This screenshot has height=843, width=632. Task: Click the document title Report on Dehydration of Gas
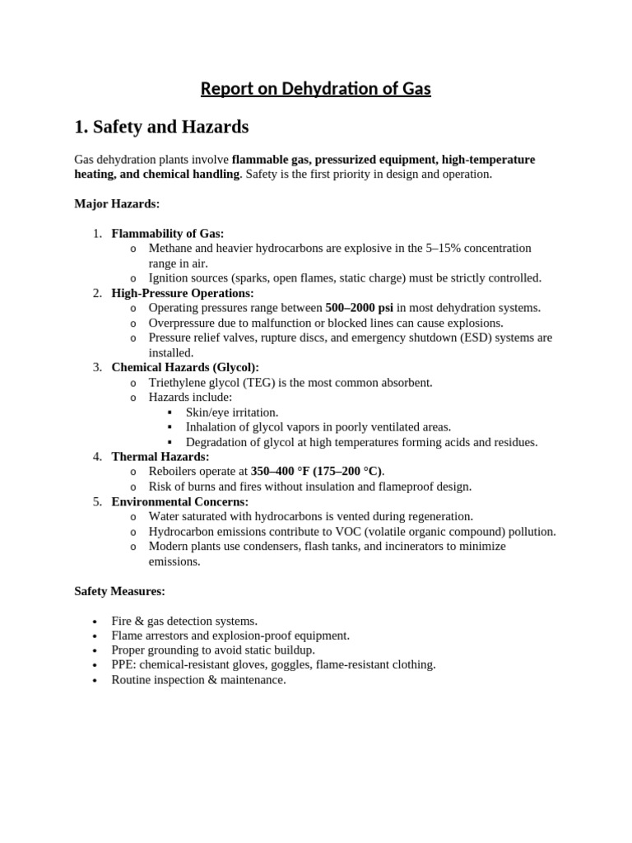pos(316,88)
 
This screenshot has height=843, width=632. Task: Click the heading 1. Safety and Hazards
pos(161,127)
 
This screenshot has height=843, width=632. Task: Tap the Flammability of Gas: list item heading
pos(168,233)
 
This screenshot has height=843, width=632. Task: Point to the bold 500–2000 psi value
pos(360,308)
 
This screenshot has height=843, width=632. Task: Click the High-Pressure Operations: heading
pos(183,293)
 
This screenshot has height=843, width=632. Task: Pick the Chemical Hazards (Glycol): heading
pos(185,367)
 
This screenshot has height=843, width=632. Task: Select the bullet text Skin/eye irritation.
pos(232,412)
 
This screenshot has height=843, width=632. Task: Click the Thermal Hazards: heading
pos(160,456)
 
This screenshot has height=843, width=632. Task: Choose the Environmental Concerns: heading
pos(180,501)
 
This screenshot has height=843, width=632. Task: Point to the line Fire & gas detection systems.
pos(184,621)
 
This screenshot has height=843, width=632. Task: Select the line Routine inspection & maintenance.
pos(198,680)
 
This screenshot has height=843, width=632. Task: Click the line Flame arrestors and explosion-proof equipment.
pos(230,636)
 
